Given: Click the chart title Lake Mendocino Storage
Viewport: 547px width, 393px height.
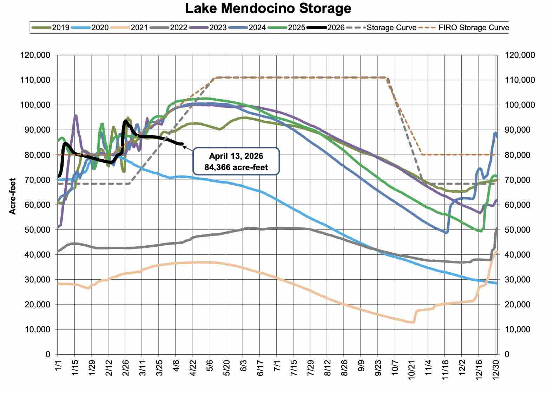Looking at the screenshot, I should [x=268, y=8].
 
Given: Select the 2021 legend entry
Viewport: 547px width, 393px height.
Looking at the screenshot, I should [x=139, y=27].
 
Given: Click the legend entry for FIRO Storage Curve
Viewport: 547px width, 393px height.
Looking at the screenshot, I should [x=473, y=27].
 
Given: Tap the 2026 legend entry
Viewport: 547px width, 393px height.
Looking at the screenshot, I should [x=336, y=27].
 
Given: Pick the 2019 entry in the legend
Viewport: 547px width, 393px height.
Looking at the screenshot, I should [x=61, y=27].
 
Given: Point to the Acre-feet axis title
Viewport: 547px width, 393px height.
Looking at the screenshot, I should [x=13, y=196].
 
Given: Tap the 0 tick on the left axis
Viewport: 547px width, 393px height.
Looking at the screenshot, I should [x=48, y=354].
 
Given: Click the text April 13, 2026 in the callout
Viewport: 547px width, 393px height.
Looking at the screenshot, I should [x=236, y=156].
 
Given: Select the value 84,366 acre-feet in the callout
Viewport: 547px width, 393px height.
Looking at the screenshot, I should [x=236, y=167].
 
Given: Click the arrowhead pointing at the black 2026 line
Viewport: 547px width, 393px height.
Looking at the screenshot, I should [x=184, y=146].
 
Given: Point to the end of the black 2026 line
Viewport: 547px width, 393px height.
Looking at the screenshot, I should [x=182, y=144].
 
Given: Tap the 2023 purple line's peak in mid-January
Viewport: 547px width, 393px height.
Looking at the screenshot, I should [x=75, y=115].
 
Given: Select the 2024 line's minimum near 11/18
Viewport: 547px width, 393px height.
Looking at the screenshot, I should [x=446, y=233].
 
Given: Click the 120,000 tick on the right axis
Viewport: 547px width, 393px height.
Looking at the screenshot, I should [x=520, y=55].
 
